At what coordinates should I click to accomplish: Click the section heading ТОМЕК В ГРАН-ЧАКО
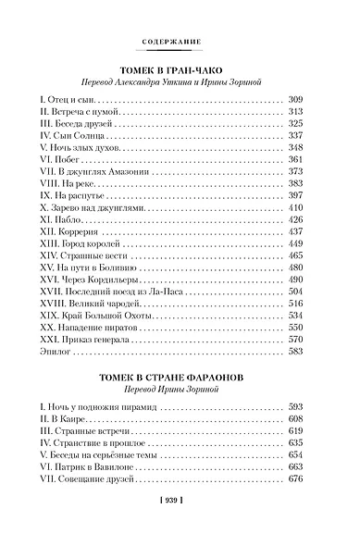180,69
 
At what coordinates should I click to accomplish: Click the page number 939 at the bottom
180,526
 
